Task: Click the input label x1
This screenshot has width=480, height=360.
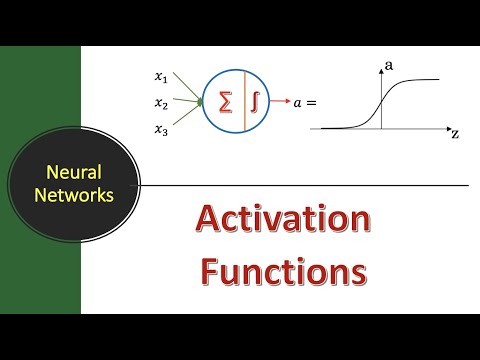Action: click(161, 76)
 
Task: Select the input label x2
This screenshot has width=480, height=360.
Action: click(161, 102)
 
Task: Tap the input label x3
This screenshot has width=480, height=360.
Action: click(161, 128)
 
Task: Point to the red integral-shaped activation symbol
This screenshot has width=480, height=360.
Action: click(255, 102)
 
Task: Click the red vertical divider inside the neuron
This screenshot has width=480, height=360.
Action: click(241, 102)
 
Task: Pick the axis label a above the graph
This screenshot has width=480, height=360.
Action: click(389, 64)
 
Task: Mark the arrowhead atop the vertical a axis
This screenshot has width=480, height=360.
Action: click(381, 70)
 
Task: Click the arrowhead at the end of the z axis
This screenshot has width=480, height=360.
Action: click(446, 128)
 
